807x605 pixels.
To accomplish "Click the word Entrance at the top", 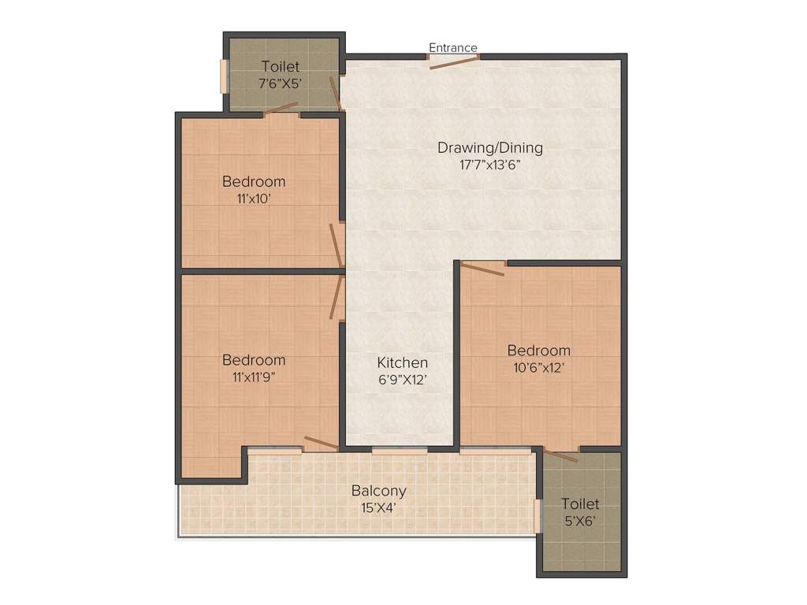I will pos(453,48).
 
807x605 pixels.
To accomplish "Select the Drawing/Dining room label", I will pos(489,147).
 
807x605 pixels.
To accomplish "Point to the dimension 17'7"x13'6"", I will pos(489,165).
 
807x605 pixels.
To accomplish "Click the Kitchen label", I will pos(402,362).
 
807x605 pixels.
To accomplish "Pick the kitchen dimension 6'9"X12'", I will pos(402,380).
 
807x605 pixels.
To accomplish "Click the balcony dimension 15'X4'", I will pos(374,508).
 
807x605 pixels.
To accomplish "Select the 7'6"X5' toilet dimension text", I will pos(280,84).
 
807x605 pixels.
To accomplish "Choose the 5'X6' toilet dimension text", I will pos(581,521).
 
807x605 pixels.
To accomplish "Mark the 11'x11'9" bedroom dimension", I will pos(254,377).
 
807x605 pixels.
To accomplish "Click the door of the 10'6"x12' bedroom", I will pos(482,269).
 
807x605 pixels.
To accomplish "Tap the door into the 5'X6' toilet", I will pos(561,455).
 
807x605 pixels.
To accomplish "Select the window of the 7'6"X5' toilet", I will pos(223,76).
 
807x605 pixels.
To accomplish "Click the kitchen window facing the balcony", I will pos(400,451).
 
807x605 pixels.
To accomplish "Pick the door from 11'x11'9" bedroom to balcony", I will pos(321,444).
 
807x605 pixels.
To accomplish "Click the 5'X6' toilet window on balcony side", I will pos(537,515).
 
